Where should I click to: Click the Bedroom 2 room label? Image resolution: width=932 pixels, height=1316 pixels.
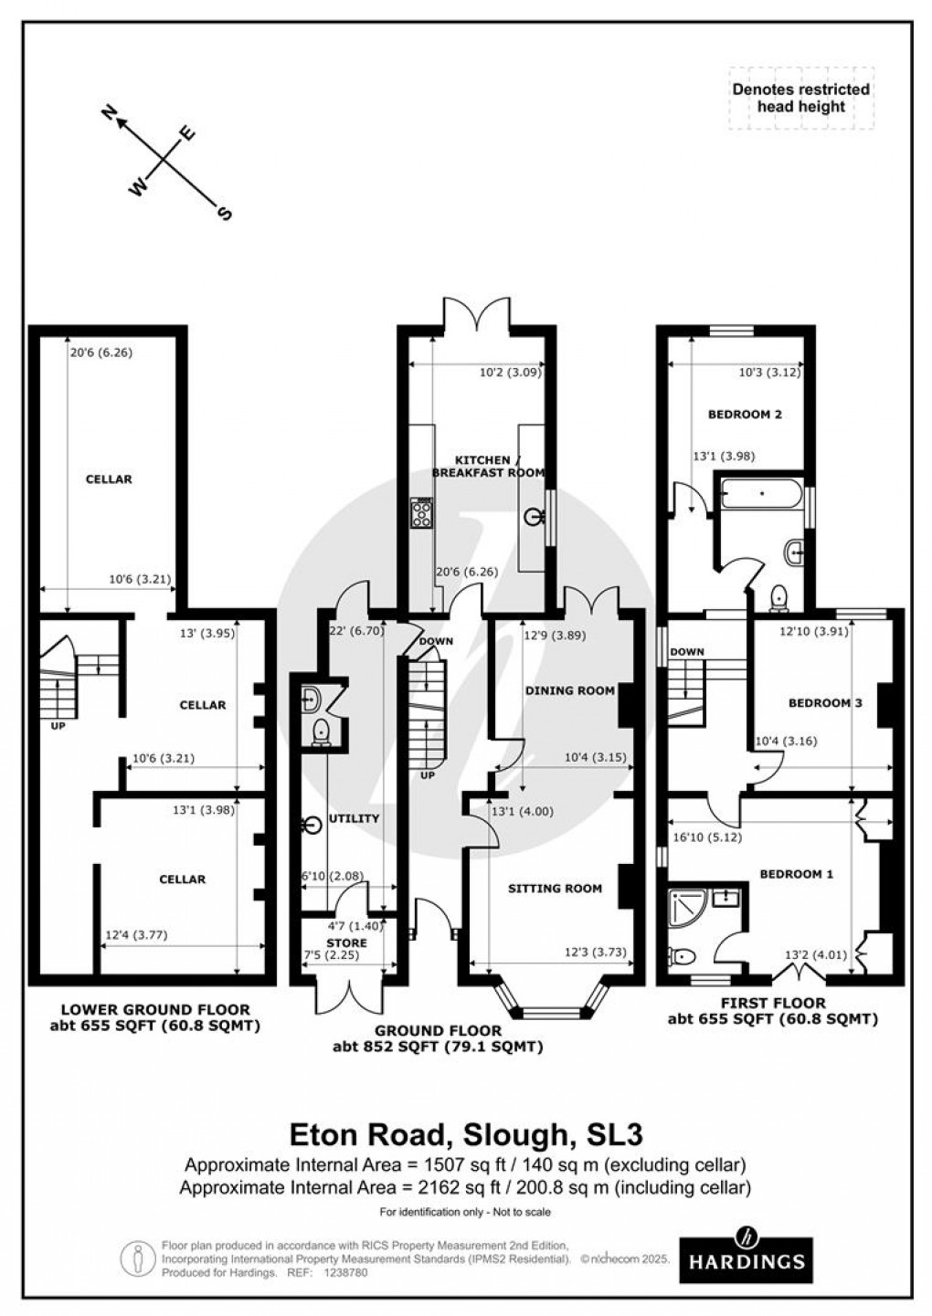pos(745,414)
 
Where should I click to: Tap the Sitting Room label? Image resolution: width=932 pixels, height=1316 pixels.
pos(555,888)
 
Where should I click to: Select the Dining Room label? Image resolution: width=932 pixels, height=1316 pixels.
pos(569,690)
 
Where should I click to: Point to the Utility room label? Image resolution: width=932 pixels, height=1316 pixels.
pos(354,818)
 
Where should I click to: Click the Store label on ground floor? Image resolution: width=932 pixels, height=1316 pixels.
pos(346,942)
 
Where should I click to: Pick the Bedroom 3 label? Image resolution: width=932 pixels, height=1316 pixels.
pos(825,702)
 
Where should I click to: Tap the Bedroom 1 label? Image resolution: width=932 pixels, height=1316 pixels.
pos(796,874)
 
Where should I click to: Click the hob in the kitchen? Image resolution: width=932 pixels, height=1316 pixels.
pos(423,514)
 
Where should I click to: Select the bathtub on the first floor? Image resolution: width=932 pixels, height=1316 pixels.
pos(761,497)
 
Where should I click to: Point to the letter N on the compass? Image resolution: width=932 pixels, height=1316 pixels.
pos(111,113)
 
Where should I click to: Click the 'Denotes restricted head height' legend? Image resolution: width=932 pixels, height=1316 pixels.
pos(800,98)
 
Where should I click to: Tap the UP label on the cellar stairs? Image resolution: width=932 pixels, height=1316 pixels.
pos(58,728)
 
